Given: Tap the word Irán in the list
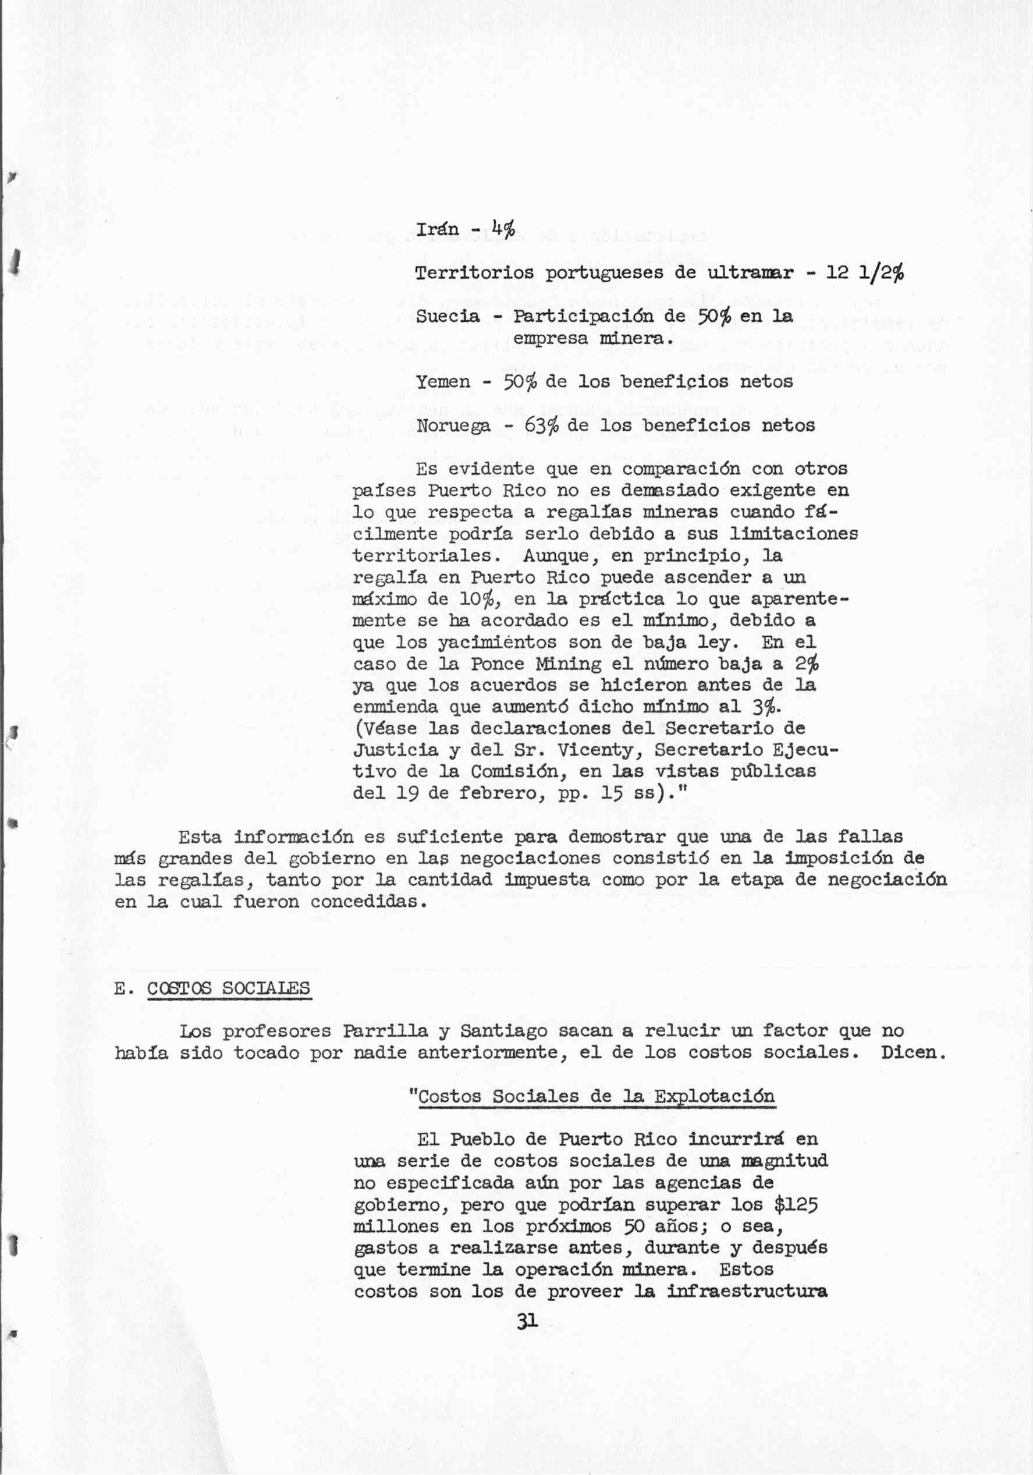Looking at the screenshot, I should [438, 229].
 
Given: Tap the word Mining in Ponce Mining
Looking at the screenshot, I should [569, 663].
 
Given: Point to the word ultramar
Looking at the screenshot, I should [751, 273].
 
